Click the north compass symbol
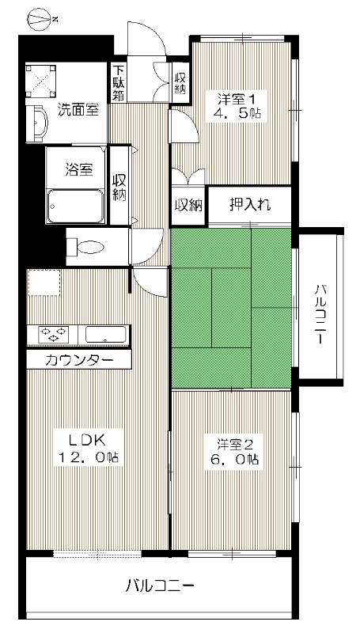pos(40,15)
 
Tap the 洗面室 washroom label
pos(78,110)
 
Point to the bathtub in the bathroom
pos(75,207)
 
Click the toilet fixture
pos(88,246)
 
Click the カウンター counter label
pos(78,361)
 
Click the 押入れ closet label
pos(250,205)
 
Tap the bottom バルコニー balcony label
pos(161,587)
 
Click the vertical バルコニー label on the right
pos(320,313)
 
